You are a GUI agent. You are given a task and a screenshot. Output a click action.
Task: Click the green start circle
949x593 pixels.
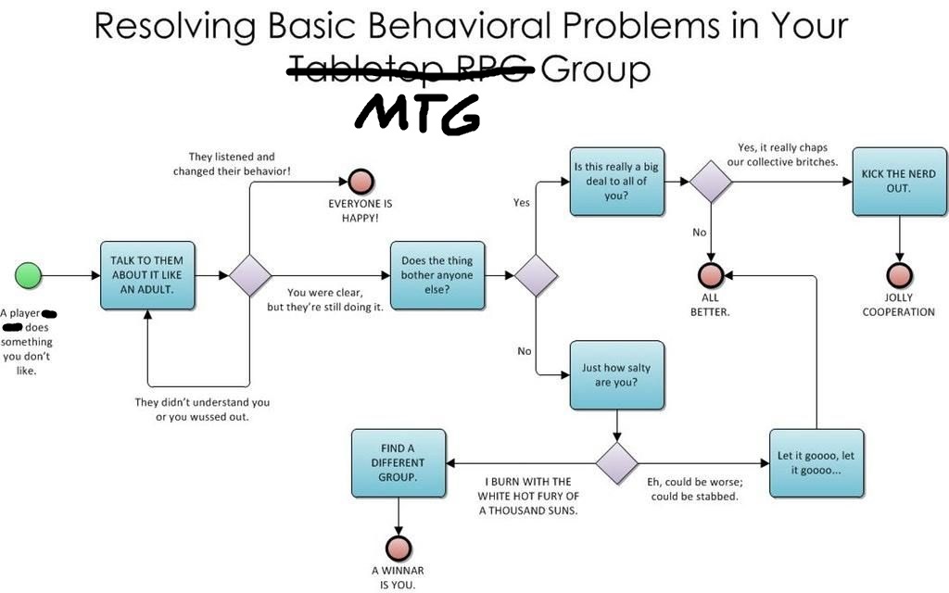click(x=29, y=275)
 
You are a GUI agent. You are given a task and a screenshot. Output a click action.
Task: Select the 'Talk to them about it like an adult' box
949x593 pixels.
click(x=146, y=275)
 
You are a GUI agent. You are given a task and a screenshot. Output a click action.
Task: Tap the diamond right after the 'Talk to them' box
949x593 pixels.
click(x=250, y=275)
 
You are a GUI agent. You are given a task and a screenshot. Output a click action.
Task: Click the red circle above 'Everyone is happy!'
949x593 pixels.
click(x=360, y=182)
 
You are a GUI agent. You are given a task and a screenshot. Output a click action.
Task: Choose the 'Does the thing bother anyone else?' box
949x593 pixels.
click(x=437, y=275)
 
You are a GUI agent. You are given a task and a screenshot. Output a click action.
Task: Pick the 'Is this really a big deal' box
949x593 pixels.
click(x=616, y=182)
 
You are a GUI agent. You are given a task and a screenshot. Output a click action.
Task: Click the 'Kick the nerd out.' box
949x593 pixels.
click(x=898, y=182)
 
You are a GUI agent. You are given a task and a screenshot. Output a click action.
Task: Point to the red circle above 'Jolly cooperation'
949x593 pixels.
click(x=899, y=275)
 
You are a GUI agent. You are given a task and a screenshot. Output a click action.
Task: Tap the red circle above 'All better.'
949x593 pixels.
click(x=711, y=275)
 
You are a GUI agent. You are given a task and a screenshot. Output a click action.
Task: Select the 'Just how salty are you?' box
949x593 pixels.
click(x=616, y=373)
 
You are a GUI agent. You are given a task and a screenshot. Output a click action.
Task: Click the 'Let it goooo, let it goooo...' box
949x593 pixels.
click(x=816, y=462)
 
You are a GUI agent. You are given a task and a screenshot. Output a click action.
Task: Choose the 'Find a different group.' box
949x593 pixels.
click(x=398, y=462)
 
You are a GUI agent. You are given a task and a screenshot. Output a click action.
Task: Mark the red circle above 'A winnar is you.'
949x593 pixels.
click(x=398, y=546)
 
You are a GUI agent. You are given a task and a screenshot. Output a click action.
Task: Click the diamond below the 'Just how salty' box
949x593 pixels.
click(x=616, y=463)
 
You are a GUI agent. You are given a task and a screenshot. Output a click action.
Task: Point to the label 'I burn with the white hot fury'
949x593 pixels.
click(x=528, y=496)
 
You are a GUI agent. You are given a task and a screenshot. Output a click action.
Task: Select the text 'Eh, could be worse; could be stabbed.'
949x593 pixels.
click(x=692, y=489)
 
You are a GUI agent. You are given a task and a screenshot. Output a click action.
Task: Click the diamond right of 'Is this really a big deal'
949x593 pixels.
click(x=711, y=182)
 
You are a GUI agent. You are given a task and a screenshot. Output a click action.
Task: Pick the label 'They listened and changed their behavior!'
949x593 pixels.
click(x=232, y=164)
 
